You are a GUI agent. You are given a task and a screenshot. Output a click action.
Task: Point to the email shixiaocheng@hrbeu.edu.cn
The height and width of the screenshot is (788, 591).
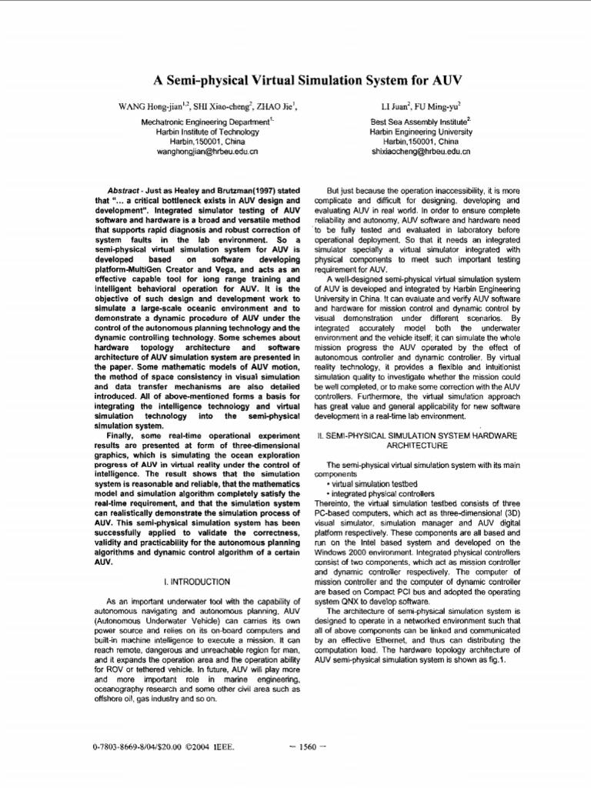pos(420,152)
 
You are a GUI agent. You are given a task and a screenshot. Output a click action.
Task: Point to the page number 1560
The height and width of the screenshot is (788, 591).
pos(307,746)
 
